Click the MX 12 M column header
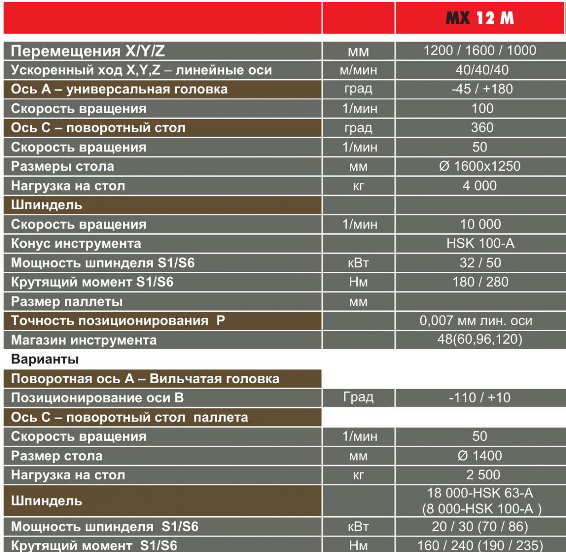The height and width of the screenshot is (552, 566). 480,18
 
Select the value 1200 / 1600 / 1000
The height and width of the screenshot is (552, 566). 480,50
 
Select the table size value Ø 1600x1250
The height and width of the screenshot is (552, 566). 480,166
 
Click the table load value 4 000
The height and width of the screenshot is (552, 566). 480,185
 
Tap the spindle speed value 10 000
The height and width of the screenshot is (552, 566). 480,224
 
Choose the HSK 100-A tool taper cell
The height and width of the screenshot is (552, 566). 480,243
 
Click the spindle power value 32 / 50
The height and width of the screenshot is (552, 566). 480,263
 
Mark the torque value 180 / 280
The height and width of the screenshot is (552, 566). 480,282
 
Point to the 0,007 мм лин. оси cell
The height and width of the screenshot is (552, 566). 476,321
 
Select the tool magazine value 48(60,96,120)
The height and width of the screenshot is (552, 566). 480,339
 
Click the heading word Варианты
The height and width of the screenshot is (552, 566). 45,359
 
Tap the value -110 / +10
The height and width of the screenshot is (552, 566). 480,397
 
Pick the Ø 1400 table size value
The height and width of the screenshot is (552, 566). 480,455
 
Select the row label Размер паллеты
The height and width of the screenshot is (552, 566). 67,302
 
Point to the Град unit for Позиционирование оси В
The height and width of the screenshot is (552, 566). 358,397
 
